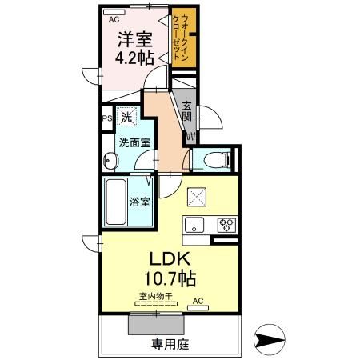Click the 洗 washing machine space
pyautogui.click(x=126, y=118)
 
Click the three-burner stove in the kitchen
pyautogui.click(x=226, y=224)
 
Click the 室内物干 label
pyautogui.click(x=155, y=296)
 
